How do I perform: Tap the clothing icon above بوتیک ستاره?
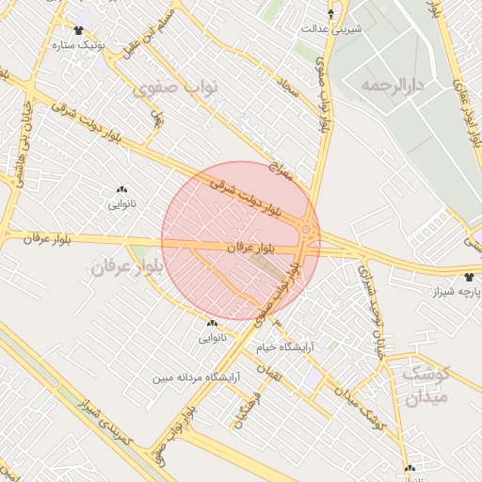click(x=77, y=31)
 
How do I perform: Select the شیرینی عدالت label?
click(x=331, y=28)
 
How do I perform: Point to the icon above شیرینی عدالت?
click(x=330, y=14)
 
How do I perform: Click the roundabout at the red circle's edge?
click(x=307, y=229)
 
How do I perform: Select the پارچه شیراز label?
click(x=451, y=293)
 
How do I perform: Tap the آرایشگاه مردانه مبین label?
click(x=199, y=378)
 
